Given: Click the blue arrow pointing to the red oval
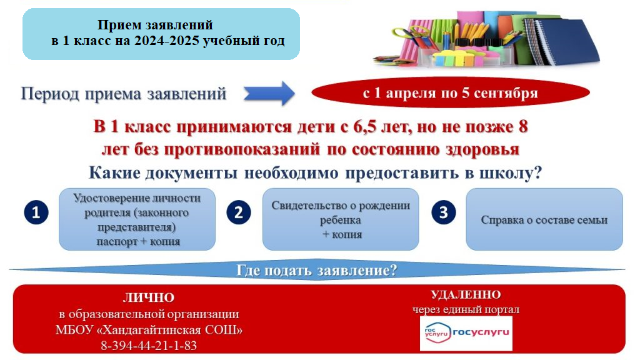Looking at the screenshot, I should [x=268, y=94].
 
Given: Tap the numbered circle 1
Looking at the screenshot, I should [x=36, y=212].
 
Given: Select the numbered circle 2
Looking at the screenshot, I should [x=238, y=212].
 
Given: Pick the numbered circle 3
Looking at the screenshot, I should [x=442, y=212].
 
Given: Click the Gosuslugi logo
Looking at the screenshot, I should [x=466, y=332].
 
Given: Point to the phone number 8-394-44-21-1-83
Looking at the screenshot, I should [x=148, y=345].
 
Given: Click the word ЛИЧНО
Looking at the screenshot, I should [x=148, y=298].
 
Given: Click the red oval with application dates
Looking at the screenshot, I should [x=450, y=94].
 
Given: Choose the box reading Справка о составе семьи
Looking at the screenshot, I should [x=544, y=220].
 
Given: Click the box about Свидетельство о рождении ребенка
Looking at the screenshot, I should [x=341, y=220].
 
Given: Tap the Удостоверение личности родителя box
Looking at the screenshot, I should [x=137, y=220].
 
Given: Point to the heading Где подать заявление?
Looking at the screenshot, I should [x=317, y=271].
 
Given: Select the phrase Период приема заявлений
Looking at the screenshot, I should [x=124, y=94].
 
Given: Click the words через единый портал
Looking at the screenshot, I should [x=466, y=309].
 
